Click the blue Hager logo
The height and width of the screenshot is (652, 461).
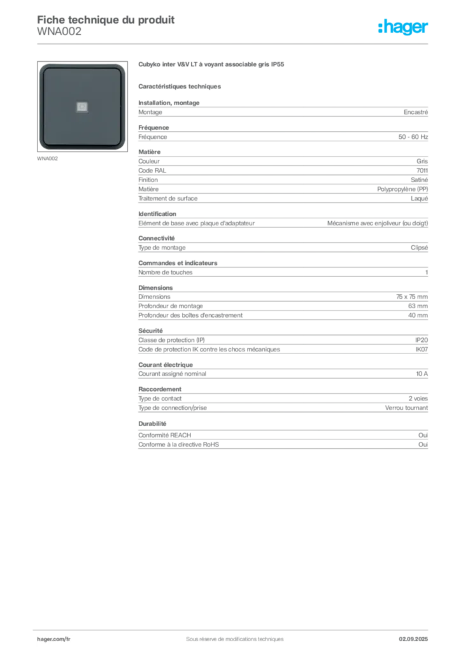(404, 27)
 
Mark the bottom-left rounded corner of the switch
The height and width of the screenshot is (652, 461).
(43, 146)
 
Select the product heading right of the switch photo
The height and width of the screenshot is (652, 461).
(211, 65)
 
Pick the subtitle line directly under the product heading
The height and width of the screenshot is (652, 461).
(181, 85)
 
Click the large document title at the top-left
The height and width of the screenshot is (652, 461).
(105, 17)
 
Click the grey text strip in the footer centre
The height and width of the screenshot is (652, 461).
(230, 635)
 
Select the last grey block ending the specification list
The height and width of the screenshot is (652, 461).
(282, 448)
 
